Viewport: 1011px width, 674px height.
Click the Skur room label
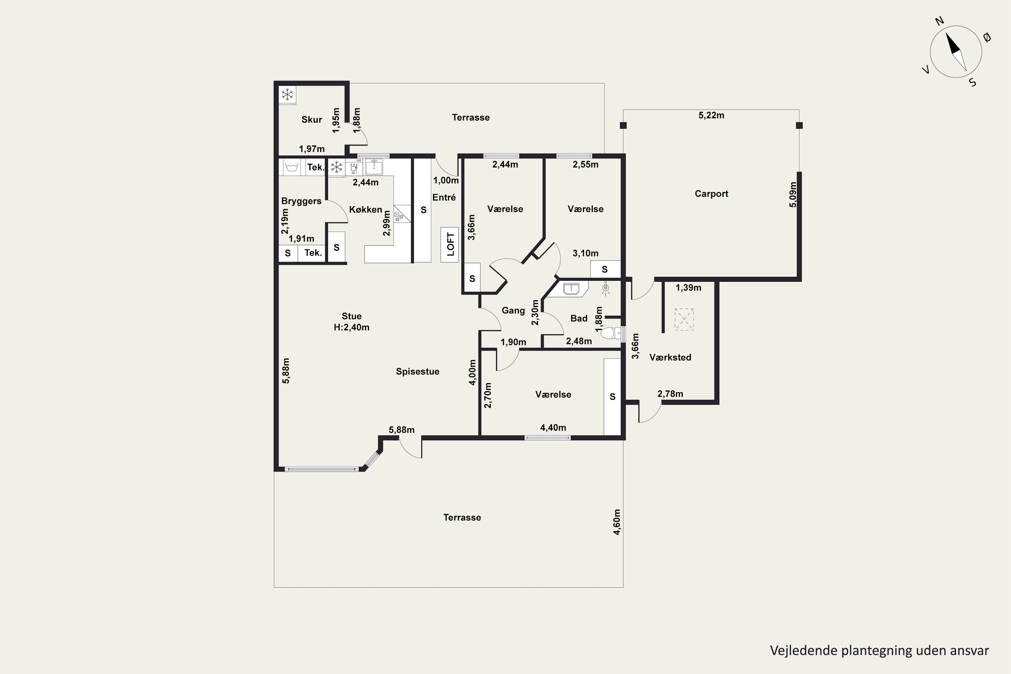(312, 120)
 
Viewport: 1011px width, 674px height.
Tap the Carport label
(711, 194)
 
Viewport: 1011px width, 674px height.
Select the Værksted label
(670, 357)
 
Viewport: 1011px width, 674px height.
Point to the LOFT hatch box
(450, 245)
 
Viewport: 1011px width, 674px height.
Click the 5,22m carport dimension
(711, 115)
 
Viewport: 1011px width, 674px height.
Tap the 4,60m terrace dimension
(617, 522)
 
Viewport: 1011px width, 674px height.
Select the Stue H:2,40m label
(351, 321)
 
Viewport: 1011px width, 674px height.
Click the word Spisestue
(418, 371)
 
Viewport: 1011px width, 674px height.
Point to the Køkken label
(365, 209)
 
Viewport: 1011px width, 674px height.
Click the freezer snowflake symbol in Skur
(287, 95)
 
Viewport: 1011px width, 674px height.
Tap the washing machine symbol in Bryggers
(292, 167)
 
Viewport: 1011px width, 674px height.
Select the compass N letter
(939, 33)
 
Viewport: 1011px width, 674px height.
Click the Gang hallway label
(513, 310)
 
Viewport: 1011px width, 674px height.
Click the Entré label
(444, 197)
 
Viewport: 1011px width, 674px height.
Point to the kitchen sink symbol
(374, 166)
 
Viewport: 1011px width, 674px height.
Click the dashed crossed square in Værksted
(684, 319)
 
